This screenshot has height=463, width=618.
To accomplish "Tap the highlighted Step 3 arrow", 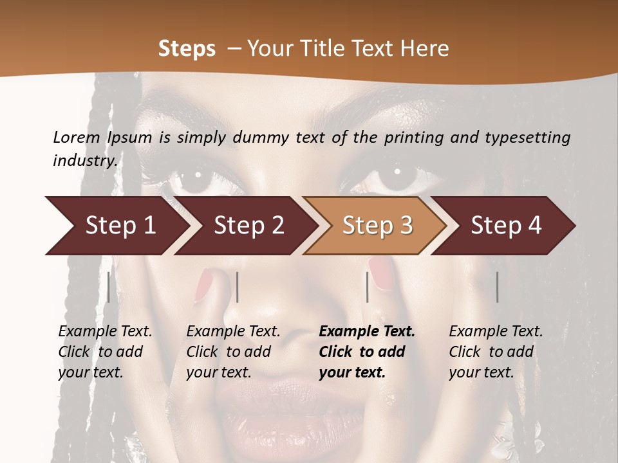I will click(x=377, y=226).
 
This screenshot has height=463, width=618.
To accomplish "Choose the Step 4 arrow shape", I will click(x=506, y=226).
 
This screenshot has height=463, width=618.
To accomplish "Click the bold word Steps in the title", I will click(x=187, y=49).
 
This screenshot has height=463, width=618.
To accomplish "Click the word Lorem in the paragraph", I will click(x=77, y=137).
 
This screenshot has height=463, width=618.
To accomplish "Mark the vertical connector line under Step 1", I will click(x=109, y=287).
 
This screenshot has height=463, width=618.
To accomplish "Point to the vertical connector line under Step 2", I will click(x=238, y=287).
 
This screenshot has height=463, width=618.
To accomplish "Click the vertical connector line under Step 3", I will click(x=368, y=287).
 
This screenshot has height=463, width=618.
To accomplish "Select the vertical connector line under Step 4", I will click(x=498, y=287).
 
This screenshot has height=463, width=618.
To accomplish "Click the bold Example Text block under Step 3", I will click(x=367, y=352).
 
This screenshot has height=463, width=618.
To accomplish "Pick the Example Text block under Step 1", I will click(x=105, y=352).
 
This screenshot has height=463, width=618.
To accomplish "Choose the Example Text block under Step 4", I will click(x=496, y=352).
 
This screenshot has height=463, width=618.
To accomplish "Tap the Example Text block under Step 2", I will click(x=233, y=352).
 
